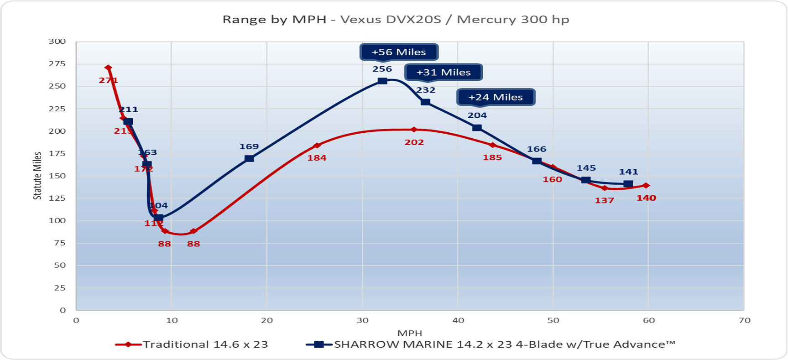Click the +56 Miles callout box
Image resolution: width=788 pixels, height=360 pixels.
click(399, 52)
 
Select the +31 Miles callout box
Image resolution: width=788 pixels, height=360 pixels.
click(443, 72)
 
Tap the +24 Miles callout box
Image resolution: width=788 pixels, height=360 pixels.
click(496, 97)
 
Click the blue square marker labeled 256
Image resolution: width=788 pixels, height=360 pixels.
click(382, 81)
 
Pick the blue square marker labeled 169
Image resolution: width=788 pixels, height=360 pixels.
click(249, 158)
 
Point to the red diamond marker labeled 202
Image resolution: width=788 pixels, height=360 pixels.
click(414, 130)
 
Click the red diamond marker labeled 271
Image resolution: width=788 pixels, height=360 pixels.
click(108, 68)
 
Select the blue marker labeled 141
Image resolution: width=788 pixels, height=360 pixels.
click(628, 184)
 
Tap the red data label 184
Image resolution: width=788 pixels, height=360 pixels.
click(317, 158)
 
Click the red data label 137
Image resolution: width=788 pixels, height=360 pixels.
click(604, 200)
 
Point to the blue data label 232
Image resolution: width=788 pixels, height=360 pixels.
click(425, 90)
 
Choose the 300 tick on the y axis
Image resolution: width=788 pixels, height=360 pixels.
click(57, 42)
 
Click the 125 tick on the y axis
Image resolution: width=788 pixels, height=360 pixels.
click(57, 198)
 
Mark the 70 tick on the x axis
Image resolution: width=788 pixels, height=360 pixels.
click(744, 320)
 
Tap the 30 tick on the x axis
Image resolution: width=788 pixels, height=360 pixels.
click(362, 320)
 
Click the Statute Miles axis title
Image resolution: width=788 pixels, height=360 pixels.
click(37, 176)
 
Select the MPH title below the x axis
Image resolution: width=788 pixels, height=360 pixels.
click(409, 333)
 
